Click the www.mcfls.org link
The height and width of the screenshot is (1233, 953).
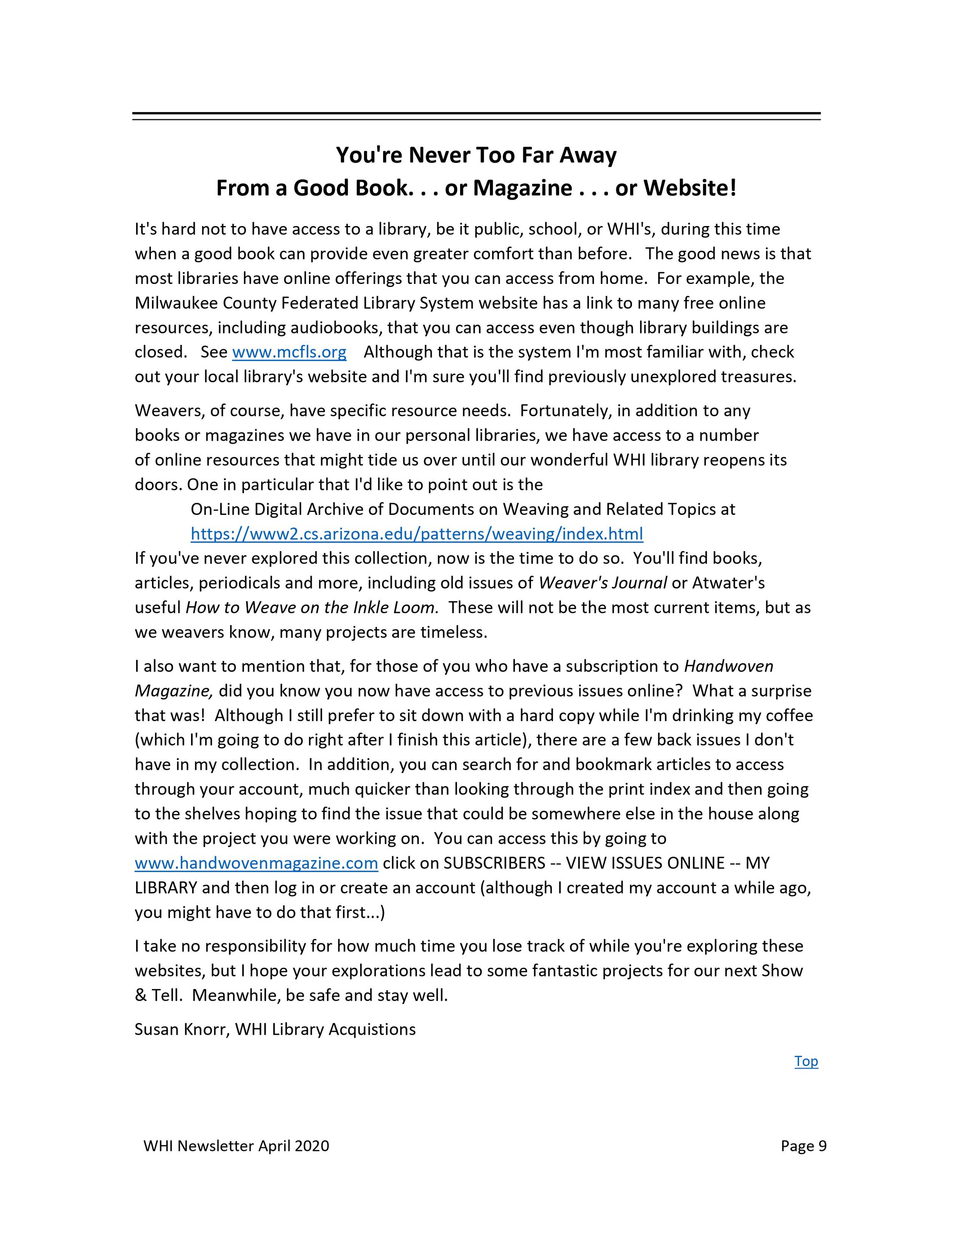289,352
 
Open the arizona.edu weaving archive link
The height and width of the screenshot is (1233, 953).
417,534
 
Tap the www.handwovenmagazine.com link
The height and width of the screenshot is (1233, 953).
256,863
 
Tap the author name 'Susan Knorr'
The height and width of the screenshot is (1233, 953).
181,1029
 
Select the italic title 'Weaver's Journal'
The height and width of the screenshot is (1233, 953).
602,583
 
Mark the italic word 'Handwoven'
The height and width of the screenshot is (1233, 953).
728,666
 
